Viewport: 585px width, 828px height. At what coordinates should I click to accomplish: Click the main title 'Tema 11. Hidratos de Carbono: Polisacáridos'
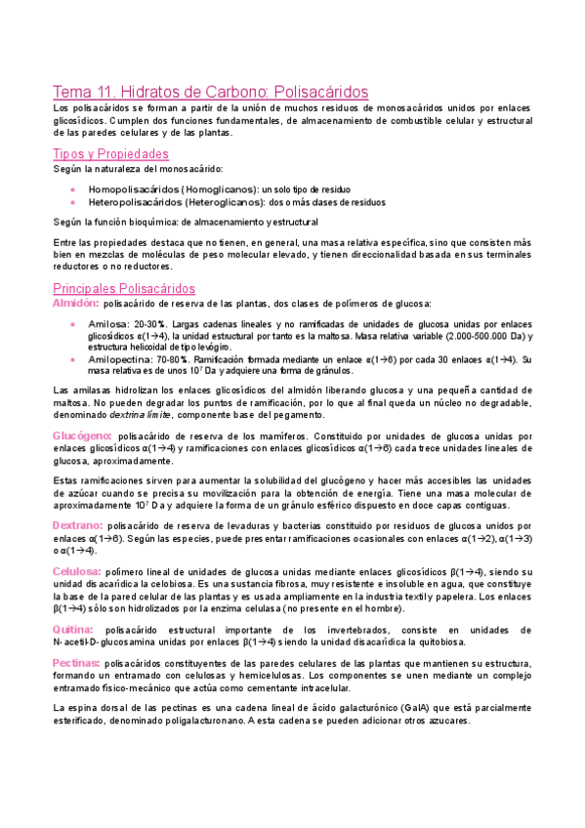coord(210,92)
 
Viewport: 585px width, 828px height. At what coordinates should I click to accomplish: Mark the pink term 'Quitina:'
coord(73,630)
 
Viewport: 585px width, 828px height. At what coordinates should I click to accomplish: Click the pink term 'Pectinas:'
coord(77,662)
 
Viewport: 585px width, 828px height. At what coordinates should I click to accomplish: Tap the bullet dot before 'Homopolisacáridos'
coord(73,188)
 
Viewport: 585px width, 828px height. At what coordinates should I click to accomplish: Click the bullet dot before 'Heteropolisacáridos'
coord(73,202)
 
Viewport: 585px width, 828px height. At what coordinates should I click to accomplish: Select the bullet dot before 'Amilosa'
coord(73,323)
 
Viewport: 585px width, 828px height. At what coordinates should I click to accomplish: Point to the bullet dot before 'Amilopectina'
coord(73,359)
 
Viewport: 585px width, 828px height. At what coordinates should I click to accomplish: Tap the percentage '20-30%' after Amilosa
coord(148,323)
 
